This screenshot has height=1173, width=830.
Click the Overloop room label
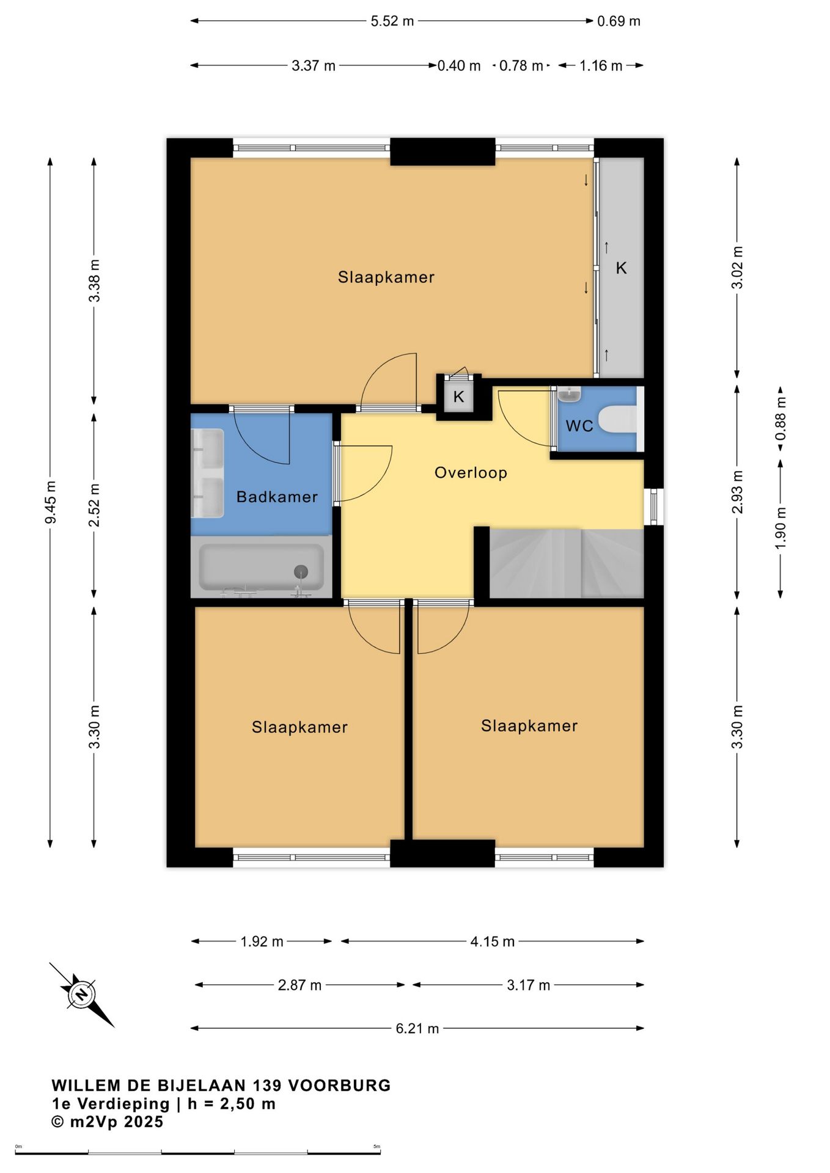(x=471, y=473)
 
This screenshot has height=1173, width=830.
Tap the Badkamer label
(x=277, y=497)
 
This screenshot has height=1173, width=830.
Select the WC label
(x=579, y=426)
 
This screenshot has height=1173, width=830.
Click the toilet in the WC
(x=617, y=420)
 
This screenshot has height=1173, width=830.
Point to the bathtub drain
(x=301, y=572)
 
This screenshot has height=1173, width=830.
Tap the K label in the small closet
(x=458, y=396)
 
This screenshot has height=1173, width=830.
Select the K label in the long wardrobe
(x=621, y=268)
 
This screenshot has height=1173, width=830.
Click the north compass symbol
(x=81, y=995)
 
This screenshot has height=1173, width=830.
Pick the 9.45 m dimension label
(x=51, y=502)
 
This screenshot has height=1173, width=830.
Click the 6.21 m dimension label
(x=417, y=1028)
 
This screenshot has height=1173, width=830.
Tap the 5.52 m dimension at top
(x=392, y=21)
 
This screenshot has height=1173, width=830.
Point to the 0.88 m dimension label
(x=780, y=418)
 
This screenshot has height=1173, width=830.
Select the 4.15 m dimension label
(x=493, y=941)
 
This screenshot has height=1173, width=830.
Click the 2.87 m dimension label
(x=299, y=985)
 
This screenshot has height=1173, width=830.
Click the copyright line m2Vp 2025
(x=108, y=1122)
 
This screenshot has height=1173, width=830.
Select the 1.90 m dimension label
(x=780, y=528)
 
